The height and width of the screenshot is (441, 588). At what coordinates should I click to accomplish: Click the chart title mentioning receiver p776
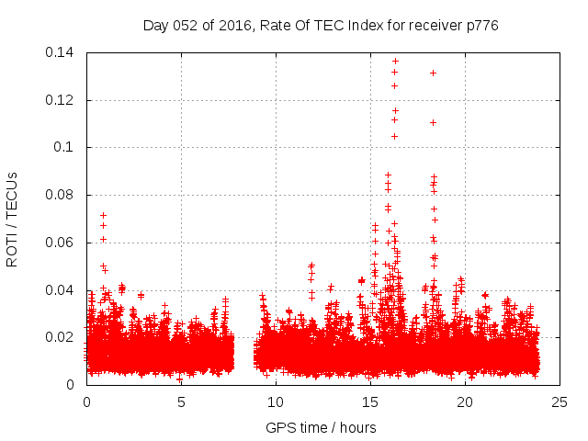click(321, 26)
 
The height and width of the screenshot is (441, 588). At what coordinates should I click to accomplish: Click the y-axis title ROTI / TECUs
click(12, 219)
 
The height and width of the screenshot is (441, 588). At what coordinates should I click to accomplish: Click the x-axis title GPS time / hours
click(321, 427)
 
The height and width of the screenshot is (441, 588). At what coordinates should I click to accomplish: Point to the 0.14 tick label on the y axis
click(61, 52)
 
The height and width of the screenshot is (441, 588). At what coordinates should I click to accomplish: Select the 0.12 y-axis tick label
click(61, 100)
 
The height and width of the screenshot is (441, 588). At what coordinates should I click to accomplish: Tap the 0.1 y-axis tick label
click(66, 147)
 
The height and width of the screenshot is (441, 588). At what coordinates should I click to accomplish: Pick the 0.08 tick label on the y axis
click(61, 195)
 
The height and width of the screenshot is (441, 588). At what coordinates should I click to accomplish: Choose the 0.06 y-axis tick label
click(61, 243)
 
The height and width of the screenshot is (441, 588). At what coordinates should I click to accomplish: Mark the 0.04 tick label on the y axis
click(61, 290)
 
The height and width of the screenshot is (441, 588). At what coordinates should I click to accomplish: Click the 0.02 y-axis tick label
click(61, 337)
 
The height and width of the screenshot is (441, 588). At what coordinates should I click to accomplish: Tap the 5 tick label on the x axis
click(181, 402)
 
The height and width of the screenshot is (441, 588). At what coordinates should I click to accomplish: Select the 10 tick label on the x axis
click(276, 402)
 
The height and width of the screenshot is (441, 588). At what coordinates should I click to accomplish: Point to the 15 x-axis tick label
click(370, 402)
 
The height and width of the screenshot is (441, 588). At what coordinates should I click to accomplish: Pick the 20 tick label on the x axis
click(465, 402)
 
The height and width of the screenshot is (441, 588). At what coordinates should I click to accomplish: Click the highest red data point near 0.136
click(395, 62)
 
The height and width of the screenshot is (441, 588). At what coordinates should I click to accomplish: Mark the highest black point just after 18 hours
click(433, 73)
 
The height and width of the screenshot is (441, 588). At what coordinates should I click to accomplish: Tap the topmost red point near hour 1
click(103, 215)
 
